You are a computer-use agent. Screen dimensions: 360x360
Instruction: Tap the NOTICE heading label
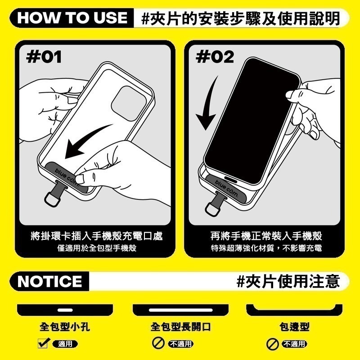(x=50, y=281)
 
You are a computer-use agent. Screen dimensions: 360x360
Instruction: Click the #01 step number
(x=44, y=57)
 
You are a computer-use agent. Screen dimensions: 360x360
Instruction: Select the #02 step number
(x=216, y=57)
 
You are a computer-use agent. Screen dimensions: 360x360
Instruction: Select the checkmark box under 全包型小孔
(x=43, y=344)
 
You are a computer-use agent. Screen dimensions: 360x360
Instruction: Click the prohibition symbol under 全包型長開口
(x=158, y=344)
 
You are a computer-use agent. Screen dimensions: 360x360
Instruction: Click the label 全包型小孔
(x=65, y=327)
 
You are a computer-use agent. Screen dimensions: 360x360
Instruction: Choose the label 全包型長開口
(x=180, y=327)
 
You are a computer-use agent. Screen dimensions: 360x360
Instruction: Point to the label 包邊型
(x=294, y=327)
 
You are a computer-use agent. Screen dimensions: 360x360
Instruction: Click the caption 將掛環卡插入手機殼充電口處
(x=97, y=236)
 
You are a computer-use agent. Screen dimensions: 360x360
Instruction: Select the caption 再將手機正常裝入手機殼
(x=267, y=236)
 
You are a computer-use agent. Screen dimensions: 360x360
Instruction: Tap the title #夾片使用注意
(x=288, y=281)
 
